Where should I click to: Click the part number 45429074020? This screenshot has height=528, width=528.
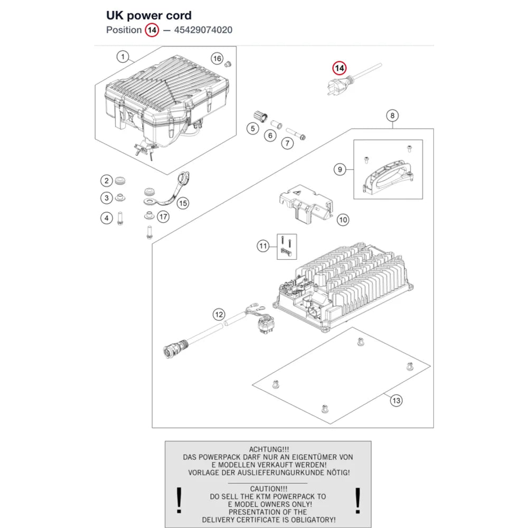(x=203, y=30)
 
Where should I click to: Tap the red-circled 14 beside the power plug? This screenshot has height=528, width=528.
(x=339, y=68)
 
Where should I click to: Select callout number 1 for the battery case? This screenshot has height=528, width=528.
(x=123, y=56)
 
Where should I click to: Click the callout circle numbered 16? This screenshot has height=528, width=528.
(x=217, y=59)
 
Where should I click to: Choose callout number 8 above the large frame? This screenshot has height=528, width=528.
(x=392, y=116)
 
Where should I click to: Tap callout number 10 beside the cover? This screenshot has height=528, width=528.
(x=343, y=220)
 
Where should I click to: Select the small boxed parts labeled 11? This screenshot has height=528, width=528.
(x=287, y=247)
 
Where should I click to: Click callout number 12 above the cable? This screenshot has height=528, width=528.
(x=219, y=315)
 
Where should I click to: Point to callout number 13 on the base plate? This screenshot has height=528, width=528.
(x=397, y=401)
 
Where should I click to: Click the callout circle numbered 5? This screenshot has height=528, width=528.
(x=253, y=129)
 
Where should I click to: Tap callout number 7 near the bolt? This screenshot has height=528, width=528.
(x=287, y=144)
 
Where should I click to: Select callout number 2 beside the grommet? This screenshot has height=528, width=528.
(x=107, y=181)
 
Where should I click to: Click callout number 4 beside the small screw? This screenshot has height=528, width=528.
(x=107, y=218)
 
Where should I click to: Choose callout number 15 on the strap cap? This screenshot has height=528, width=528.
(x=183, y=203)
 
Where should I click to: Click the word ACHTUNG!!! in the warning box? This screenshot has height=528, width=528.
(x=269, y=449)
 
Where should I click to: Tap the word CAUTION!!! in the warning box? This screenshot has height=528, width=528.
(x=269, y=488)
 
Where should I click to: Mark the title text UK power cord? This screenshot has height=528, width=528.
(x=149, y=15)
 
